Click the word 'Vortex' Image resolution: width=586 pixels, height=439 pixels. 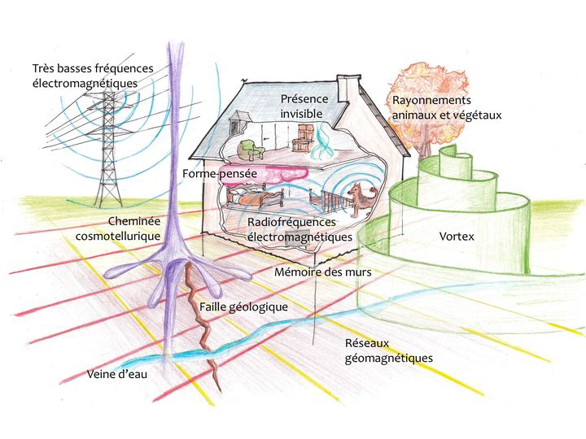point(456,237)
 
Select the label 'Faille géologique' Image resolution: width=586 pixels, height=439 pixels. point(243,307)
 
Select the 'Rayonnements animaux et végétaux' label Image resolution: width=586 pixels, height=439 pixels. point(447,107)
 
